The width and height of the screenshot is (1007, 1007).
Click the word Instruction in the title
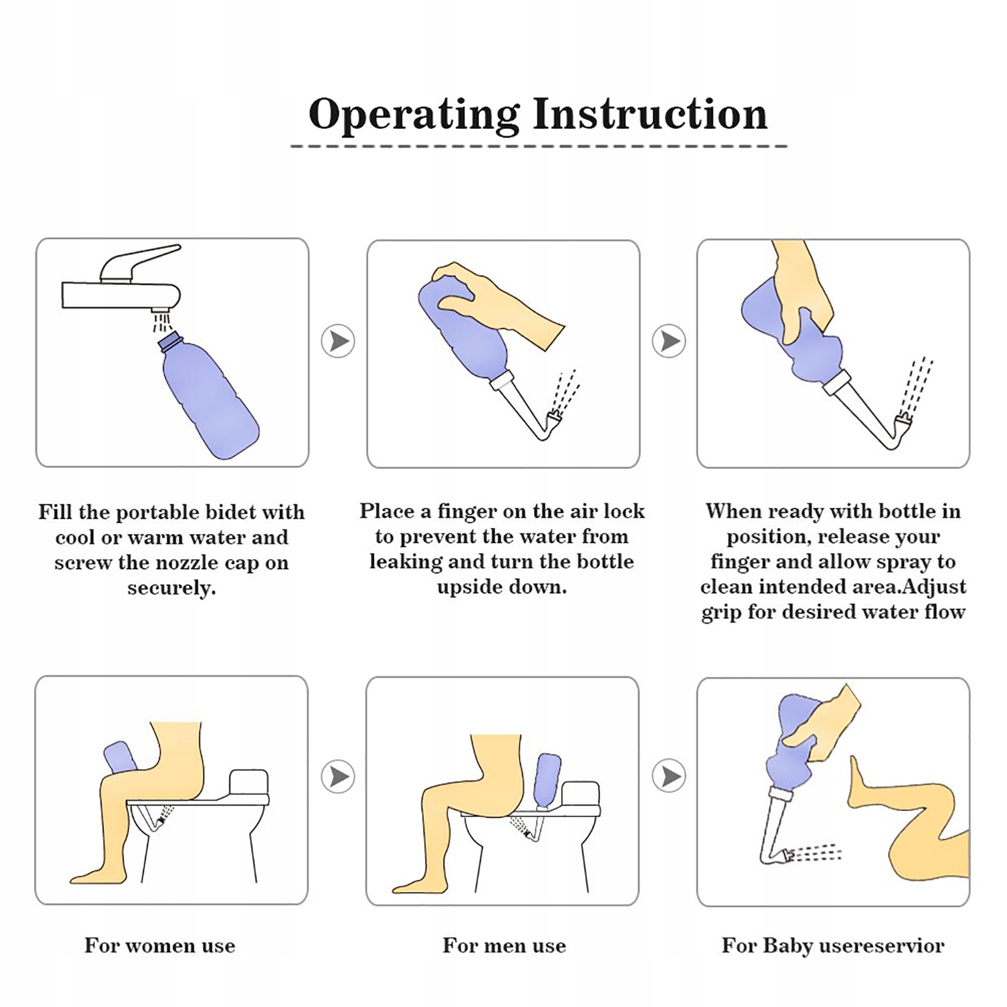pyautogui.click(x=650, y=114)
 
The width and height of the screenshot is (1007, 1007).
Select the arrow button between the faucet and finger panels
pyautogui.click(x=338, y=342)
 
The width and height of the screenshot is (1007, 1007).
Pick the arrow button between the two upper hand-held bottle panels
pyautogui.click(x=669, y=342)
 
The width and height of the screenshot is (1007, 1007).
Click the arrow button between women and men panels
pyautogui.click(x=338, y=777)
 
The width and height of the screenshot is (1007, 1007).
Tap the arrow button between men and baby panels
pyautogui.click(x=669, y=777)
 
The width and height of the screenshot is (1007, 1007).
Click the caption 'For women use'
pyautogui.click(x=160, y=945)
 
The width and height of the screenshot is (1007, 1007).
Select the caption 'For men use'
pyautogui.click(x=504, y=945)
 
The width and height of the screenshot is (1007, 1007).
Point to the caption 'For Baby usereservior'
pyautogui.click(x=833, y=945)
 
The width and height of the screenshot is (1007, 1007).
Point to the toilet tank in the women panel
pyautogui.click(x=249, y=782)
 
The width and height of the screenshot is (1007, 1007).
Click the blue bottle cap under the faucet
pyautogui.click(x=170, y=343)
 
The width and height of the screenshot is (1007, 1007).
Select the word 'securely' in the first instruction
pyautogui.click(x=170, y=588)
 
